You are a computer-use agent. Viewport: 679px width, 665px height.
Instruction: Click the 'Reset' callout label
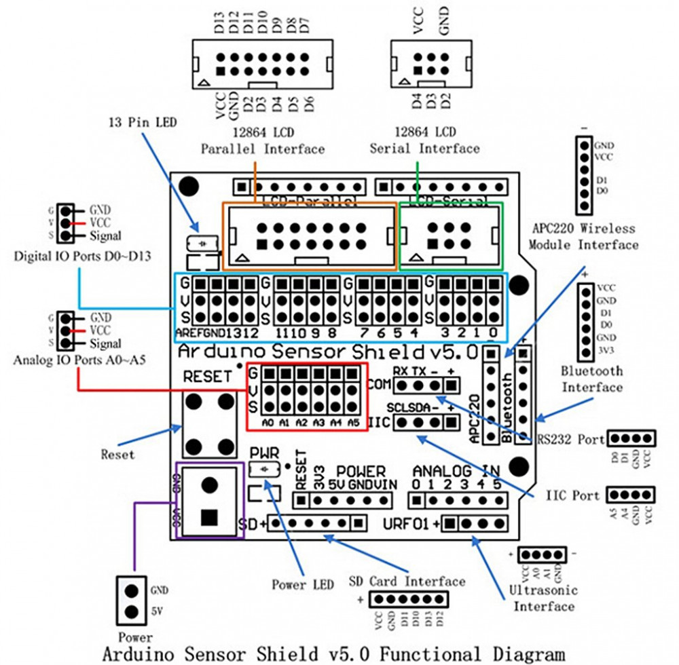pos(117,454)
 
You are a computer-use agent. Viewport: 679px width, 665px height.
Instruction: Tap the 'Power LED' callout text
pos(303,584)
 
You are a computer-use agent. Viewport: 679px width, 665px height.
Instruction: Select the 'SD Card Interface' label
pos(407,581)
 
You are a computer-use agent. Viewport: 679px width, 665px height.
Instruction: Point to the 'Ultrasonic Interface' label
pos(543,598)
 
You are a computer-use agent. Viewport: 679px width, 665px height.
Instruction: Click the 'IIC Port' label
pos(573,495)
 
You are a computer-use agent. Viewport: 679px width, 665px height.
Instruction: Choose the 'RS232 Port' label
pos(570,439)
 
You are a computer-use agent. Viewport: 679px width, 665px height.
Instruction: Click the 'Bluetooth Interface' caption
pos(591,379)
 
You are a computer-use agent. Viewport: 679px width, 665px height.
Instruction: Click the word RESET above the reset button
pos(208,377)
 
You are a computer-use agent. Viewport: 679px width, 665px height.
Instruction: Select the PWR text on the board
pos(264,452)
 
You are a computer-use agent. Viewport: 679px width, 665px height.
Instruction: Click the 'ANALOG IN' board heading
pos(456,470)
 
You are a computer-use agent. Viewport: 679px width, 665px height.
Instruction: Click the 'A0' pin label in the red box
pos(270,422)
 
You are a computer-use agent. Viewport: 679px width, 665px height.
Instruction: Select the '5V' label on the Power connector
pos(155,610)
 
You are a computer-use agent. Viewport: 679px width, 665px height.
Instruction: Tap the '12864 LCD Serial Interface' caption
pos(424,140)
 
